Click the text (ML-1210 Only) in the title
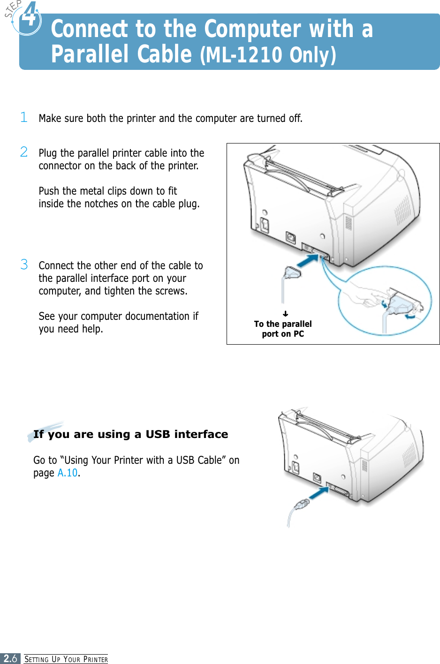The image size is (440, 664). pyautogui.click(x=268, y=55)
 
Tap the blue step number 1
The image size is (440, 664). pyautogui.click(x=24, y=117)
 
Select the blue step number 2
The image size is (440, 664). pyautogui.click(x=24, y=152)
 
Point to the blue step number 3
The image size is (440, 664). pyautogui.click(x=24, y=264)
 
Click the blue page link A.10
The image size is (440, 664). pyautogui.click(x=68, y=473)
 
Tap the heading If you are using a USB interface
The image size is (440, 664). pyautogui.click(x=130, y=434)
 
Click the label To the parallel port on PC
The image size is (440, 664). pyautogui.click(x=283, y=329)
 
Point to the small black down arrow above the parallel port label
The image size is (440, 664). pyautogui.click(x=285, y=314)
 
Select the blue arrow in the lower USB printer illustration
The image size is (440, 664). pyautogui.click(x=319, y=494)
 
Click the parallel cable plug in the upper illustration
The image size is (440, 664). pyautogui.click(x=292, y=272)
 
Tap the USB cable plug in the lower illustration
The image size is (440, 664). pyautogui.click(x=301, y=505)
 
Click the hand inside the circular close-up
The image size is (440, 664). pyautogui.click(x=364, y=295)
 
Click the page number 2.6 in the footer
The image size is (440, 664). pyautogui.click(x=10, y=658)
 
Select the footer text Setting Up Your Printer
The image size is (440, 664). pyautogui.click(x=66, y=659)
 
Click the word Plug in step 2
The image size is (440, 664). pyautogui.click(x=48, y=153)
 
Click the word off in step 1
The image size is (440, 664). pyautogui.click(x=295, y=118)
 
